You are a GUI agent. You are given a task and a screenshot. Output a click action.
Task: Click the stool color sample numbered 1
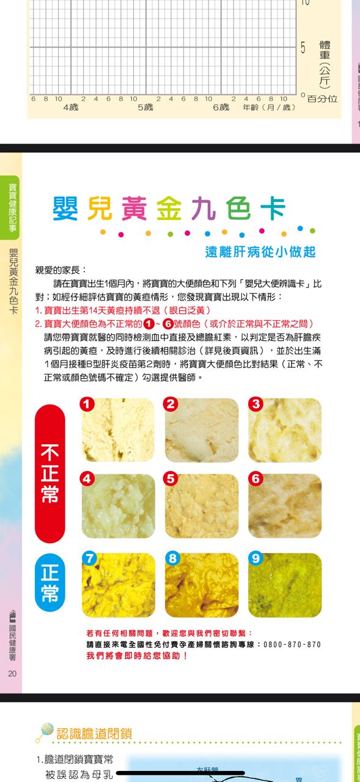pos(118,430)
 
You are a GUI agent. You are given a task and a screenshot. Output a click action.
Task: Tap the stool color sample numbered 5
pos(202,506)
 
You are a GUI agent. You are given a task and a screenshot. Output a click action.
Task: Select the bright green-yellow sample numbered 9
pos(285,585)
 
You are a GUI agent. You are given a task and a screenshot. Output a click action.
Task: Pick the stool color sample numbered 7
pos(119,585)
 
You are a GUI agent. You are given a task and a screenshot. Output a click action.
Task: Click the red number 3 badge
pos(256,404)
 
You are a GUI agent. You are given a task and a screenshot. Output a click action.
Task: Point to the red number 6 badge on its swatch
pos(256,478)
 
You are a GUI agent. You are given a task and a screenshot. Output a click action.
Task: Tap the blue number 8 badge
pos(172,558)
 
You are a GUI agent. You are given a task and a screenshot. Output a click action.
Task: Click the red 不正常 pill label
pos(50,473)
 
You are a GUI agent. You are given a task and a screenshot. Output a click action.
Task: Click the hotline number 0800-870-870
pos(292,645)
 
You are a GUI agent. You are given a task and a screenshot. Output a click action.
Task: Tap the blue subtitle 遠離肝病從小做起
pos(260,252)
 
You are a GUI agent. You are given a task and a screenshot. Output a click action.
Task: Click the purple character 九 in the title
pos(204,208)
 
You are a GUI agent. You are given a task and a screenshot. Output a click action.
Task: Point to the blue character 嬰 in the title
pos(65,208)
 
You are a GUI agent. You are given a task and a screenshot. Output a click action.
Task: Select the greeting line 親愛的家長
pos(61,270)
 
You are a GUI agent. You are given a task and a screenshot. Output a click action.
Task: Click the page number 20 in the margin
pos(12,673)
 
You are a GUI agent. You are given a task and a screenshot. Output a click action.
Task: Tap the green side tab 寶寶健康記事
pos(13,208)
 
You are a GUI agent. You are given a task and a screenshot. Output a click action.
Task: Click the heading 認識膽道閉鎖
pos(94,734)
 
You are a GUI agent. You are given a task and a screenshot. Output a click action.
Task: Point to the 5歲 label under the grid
pos(145,107)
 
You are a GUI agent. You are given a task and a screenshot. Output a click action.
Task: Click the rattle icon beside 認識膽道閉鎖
pos(45,732)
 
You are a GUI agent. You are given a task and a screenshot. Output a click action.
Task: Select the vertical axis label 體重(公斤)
pos(325,64)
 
